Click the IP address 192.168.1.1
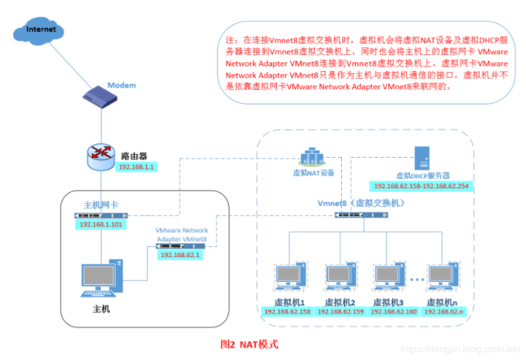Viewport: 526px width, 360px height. [x=137, y=166]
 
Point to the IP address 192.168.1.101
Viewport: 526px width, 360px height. [x=101, y=224]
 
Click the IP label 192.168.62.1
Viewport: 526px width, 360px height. [x=180, y=254]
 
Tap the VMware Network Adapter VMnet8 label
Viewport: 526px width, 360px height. [x=181, y=234]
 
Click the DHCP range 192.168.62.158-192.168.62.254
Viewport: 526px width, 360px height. [x=422, y=186]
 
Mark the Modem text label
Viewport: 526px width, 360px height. [x=122, y=85]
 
